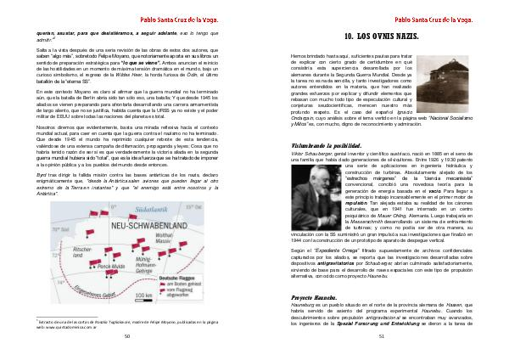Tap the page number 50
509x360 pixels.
tap(126, 335)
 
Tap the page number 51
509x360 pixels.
tap(382, 335)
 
